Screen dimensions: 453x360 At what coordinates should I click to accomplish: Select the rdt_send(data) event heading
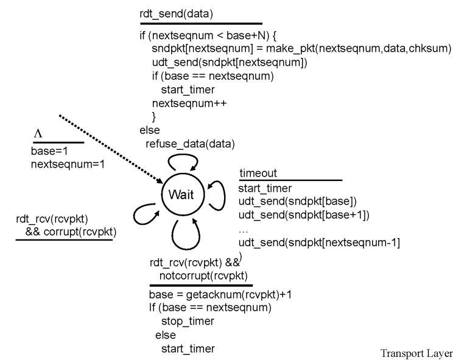pyautogui.click(x=176, y=14)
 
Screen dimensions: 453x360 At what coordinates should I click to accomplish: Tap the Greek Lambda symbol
pyautogui.click(x=38, y=133)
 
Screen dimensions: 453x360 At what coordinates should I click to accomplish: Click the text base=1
pyautogui.click(x=49, y=151)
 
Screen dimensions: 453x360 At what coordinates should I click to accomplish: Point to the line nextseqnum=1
pyautogui.click(x=68, y=164)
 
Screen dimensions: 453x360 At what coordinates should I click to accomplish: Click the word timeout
pyautogui.click(x=258, y=173)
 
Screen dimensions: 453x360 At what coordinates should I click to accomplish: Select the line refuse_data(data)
pyautogui.click(x=190, y=144)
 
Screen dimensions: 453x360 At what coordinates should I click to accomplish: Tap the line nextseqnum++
pyautogui.click(x=189, y=103)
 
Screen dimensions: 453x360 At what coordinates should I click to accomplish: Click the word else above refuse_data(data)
pyautogui.click(x=150, y=130)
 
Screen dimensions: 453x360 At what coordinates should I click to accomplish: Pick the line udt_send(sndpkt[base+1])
pyautogui.click(x=304, y=215)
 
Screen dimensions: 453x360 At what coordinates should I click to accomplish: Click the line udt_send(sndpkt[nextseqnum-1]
pyautogui.click(x=319, y=242)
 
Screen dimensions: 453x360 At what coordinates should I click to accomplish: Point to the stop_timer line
pyautogui.click(x=188, y=321)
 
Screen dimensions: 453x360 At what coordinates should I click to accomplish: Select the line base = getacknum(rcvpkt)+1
pyautogui.click(x=220, y=295)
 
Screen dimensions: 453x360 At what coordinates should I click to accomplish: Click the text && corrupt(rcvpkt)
pyautogui.click(x=71, y=231)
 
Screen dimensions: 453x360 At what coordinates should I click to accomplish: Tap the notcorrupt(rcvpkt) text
pyautogui.click(x=203, y=276)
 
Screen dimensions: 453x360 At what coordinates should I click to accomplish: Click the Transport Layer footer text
pyautogui.click(x=416, y=353)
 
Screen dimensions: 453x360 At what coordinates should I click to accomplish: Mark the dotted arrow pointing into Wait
pyautogui.click(x=111, y=149)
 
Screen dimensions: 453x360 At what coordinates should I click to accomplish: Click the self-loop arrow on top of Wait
pyautogui.click(x=183, y=155)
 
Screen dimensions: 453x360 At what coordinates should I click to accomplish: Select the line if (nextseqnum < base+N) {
pyautogui.click(x=208, y=35)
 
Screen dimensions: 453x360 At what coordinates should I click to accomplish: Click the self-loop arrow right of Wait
pyautogui.click(x=225, y=196)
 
